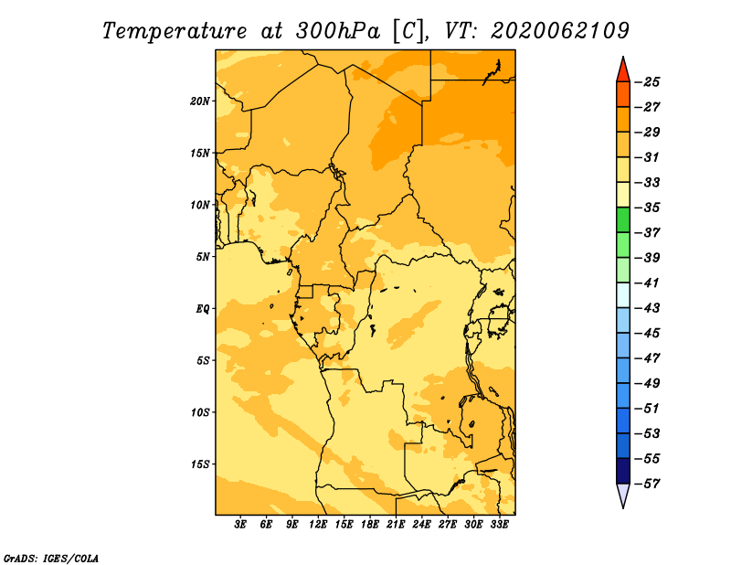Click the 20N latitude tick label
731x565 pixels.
tap(199, 101)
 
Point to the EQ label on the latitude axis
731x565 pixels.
tap(202, 309)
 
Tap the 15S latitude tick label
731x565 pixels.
tap(200, 464)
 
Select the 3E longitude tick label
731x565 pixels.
tap(240, 525)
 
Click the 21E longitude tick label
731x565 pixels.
tap(396, 525)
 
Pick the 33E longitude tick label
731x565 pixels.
tap(499, 525)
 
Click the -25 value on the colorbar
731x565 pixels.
tap(648, 82)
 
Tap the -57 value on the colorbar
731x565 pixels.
tap(648, 484)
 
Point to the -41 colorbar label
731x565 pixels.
tap(647, 283)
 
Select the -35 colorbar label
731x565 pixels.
tap(648, 208)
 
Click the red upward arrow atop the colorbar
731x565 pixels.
tap(623, 69)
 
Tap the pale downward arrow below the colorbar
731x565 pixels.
tap(623, 496)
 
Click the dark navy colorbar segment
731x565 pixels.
tap(623, 471)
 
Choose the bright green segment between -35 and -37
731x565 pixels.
tap(623, 220)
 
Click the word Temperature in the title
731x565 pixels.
tap(175, 32)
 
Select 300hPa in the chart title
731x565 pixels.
tap(337, 31)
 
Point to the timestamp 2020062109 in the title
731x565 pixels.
tap(560, 31)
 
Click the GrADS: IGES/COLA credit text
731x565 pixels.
tap(51, 559)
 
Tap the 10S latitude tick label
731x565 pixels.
tap(200, 412)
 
